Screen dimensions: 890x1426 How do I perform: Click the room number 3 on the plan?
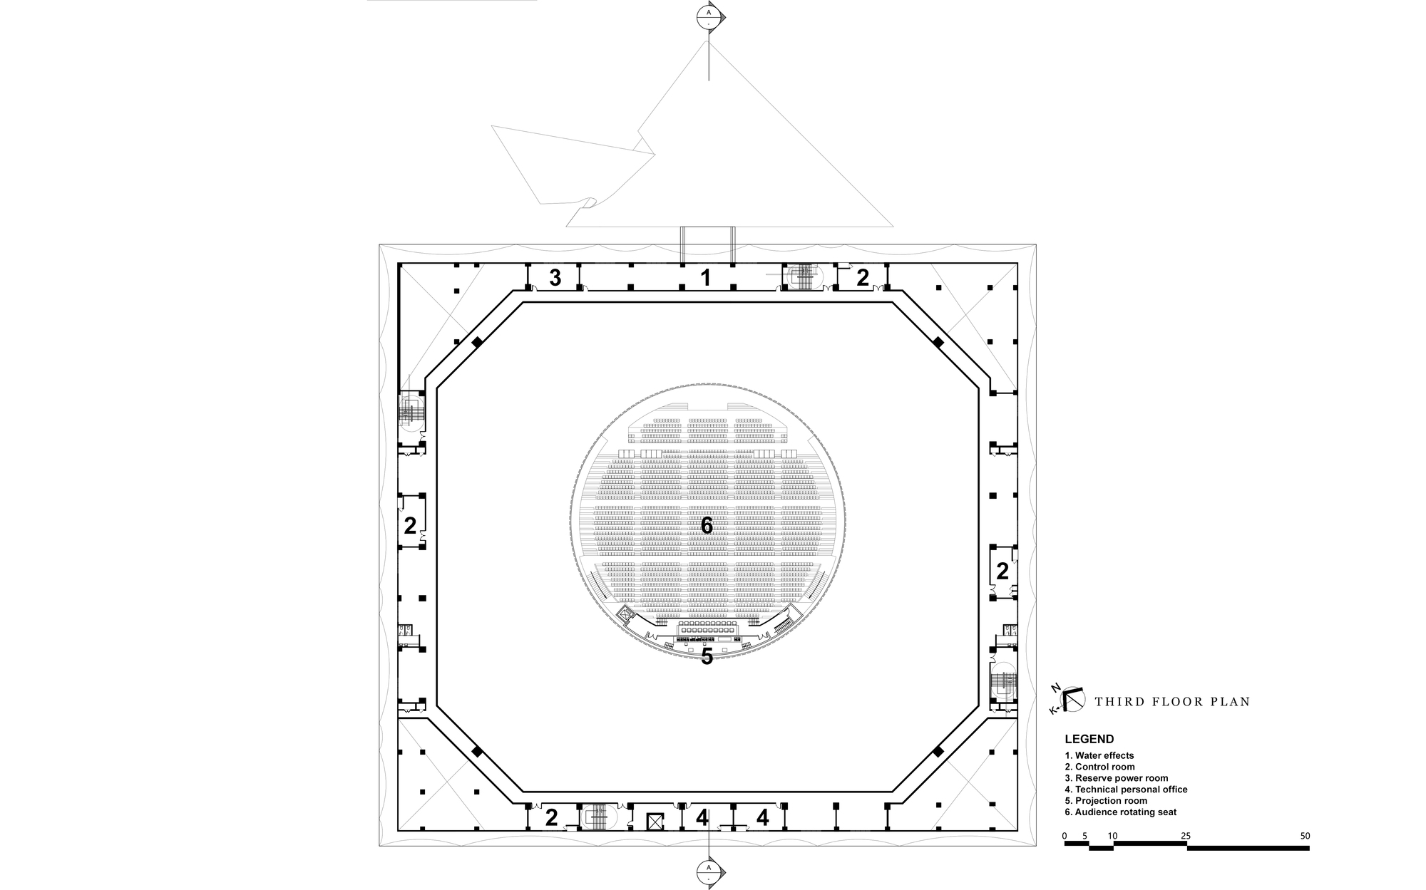tap(555, 278)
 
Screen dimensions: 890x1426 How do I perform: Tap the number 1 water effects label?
tap(706, 278)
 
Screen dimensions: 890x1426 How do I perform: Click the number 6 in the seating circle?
tap(707, 526)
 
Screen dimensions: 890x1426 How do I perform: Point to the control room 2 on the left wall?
tap(410, 526)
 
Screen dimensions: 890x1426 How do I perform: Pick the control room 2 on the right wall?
tap(1002, 571)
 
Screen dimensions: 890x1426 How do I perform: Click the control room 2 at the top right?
tap(863, 278)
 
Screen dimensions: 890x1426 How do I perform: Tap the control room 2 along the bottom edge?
tap(551, 817)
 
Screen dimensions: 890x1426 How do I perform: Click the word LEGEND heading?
tap(1089, 740)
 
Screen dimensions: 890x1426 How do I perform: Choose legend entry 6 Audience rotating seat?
tap(1120, 812)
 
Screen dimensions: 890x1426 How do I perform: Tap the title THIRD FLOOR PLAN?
tap(1172, 702)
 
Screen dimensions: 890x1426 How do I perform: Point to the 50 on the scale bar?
tap(1304, 836)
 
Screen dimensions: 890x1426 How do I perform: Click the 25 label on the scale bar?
tap(1186, 836)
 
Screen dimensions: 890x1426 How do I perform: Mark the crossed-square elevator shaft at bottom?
tap(655, 821)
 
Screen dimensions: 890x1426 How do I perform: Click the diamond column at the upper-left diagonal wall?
tap(477, 342)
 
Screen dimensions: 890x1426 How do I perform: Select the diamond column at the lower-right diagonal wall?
tap(938, 752)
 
